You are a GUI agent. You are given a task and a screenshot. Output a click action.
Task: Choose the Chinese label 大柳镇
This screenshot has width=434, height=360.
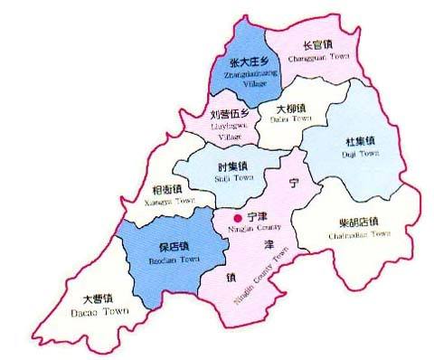click(x=291, y=108)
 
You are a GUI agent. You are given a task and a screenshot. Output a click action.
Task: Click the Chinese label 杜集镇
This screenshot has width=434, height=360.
click(x=359, y=142)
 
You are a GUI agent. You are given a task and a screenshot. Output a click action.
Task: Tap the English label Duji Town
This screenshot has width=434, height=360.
click(x=359, y=154)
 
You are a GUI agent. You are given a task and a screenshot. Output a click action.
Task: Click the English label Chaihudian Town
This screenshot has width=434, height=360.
click(x=359, y=233)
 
